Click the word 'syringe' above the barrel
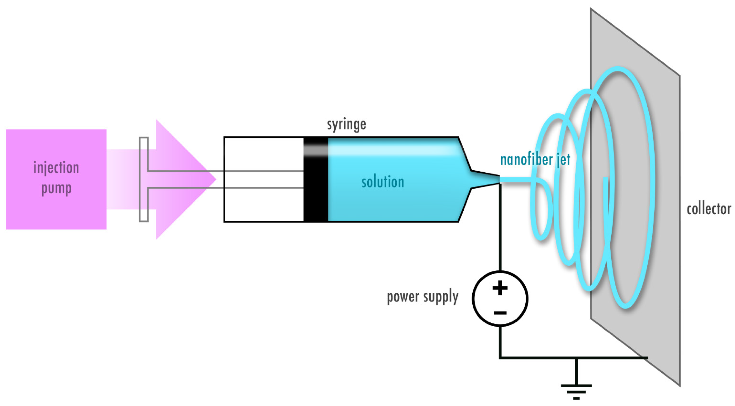pos(346,125)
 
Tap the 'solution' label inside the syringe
pos(383,182)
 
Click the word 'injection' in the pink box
pos(56,168)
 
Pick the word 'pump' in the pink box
pos(56,188)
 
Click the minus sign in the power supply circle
pos(500,313)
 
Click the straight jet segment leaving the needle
pos(515,179)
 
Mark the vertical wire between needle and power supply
pos(500,228)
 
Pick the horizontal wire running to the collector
pos(571,358)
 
